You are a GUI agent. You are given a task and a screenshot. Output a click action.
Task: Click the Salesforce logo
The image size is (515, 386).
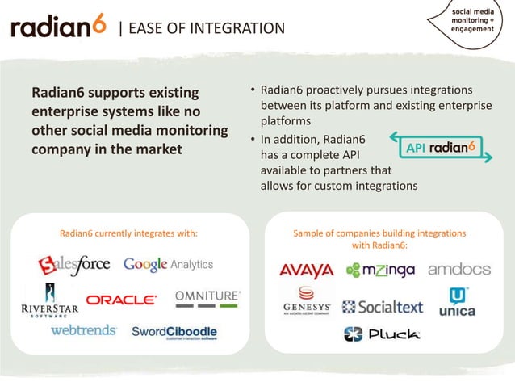pyautogui.click(x=73, y=265)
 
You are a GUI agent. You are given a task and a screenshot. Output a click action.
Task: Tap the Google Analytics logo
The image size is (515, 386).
pyautogui.click(x=168, y=264)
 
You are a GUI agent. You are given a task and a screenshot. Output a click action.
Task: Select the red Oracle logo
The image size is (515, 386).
pyautogui.click(x=121, y=300)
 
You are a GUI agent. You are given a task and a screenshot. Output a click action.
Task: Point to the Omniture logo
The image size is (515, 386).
pyautogui.click(x=207, y=299)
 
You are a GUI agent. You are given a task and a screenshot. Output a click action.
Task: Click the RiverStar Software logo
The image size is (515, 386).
pyautogui.click(x=44, y=304)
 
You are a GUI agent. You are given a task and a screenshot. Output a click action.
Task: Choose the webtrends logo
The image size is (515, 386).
pyautogui.click(x=83, y=330)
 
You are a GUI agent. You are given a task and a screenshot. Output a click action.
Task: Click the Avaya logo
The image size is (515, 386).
pyautogui.click(x=306, y=270)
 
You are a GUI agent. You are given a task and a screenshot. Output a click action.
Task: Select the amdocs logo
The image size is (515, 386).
pyautogui.click(x=458, y=269)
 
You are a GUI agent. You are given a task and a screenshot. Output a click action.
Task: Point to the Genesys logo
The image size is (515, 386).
pyautogui.click(x=307, y=302)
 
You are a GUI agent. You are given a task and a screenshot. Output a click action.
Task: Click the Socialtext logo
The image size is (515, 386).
pyautogui.click(x=383, y=307)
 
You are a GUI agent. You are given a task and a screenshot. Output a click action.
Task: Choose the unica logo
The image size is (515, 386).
pyautogui.click(x=457, y=302)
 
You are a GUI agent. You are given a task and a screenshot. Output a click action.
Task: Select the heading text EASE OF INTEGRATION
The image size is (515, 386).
pyautogui.click(x=202, y=29)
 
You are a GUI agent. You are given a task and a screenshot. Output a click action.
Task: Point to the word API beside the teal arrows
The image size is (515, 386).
pyautogui.click(x=415, y=148)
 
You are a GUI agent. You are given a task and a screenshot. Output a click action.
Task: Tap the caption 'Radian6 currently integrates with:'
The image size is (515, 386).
pyautogui.click(x=129, y=233)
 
